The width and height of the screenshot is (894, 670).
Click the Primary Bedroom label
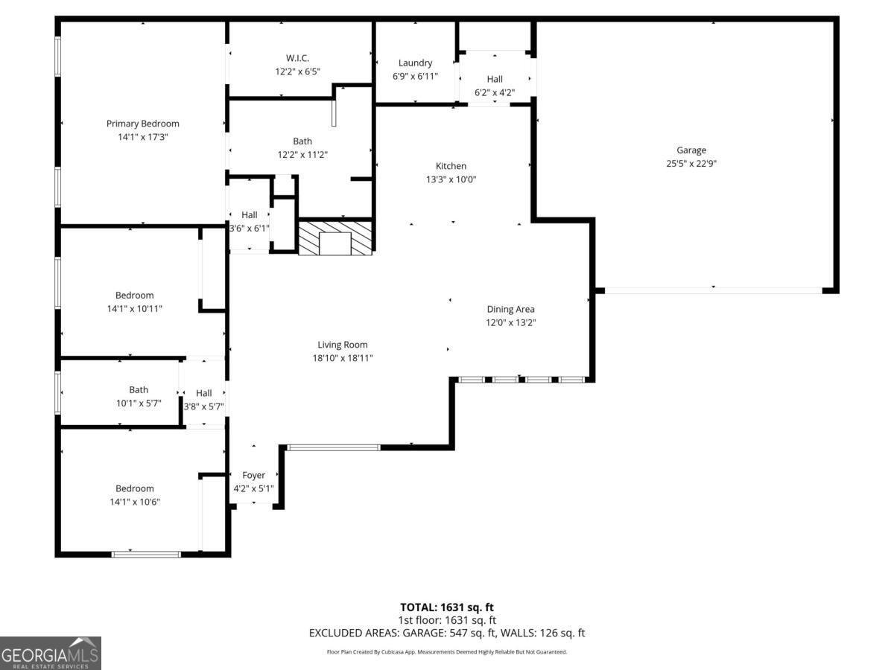[142, 124]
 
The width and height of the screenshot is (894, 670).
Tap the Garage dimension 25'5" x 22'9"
[691, 163]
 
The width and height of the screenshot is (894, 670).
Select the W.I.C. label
[297, 58]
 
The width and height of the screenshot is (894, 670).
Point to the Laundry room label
[415, 63]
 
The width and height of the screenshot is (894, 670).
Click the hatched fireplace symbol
[335, 238]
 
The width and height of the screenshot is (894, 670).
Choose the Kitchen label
[451, 166]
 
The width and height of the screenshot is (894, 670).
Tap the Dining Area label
[510, 309]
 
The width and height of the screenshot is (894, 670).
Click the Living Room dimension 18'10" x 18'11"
[343, 358]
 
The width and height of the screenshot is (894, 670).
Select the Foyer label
[253, 475]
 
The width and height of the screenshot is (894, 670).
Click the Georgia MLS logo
[51, 653]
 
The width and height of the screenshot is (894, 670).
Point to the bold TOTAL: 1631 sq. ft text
[447, 607]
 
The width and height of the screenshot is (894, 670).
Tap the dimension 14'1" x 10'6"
[135, 502]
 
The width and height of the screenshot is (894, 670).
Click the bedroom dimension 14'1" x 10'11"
[135, 308]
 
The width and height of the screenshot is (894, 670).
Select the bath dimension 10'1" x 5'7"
[134, 403]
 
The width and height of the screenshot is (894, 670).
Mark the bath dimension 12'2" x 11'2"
[302, 154]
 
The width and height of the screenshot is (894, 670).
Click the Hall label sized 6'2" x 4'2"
[495, 79]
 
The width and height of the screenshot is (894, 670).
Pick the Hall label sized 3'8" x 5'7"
[204, 393]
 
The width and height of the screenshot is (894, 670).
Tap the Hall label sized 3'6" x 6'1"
[249, 214]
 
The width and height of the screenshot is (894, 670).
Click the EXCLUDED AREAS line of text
[447, 633]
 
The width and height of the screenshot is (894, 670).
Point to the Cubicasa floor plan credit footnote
[447, 652]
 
